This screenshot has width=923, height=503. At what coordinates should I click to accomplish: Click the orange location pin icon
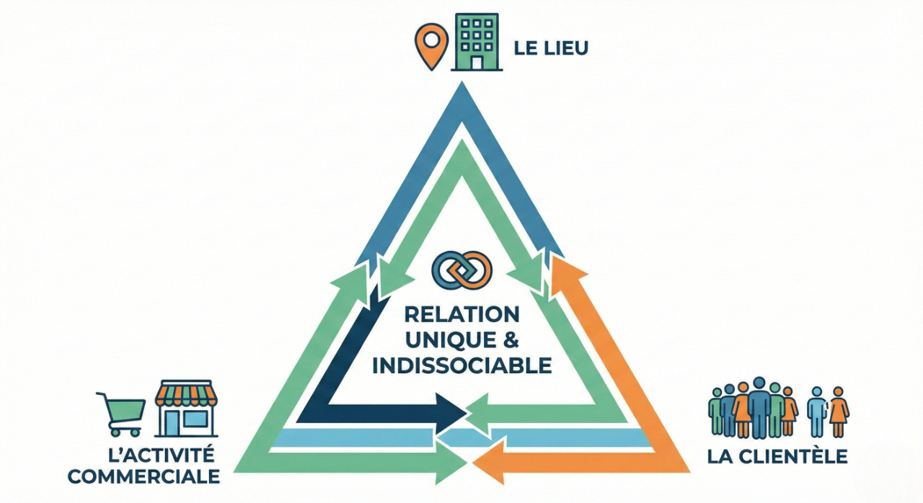[x=431, y=45]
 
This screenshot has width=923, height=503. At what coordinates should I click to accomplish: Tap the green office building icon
[x=474, y=42]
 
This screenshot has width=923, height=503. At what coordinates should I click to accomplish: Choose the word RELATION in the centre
[x=461, y=314]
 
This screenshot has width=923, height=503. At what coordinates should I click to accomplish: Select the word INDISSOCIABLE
[x=461, y=365]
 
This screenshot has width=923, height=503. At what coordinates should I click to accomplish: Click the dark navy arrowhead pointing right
[x=454, y=413]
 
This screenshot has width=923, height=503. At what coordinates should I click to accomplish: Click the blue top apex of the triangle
[x=461, y=101]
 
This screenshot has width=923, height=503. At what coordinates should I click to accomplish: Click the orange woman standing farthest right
[x=838, y=411]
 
